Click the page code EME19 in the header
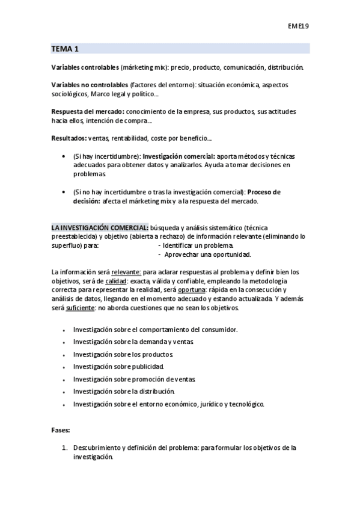[299, 26]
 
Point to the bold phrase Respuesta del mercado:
[88, 112]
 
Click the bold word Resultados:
[69, 138]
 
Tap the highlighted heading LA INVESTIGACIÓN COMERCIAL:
[100, 228]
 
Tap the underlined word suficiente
[80, 307]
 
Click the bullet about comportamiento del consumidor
[155, 330]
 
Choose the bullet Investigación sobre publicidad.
[118, 366]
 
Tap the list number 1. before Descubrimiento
[66, 448]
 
